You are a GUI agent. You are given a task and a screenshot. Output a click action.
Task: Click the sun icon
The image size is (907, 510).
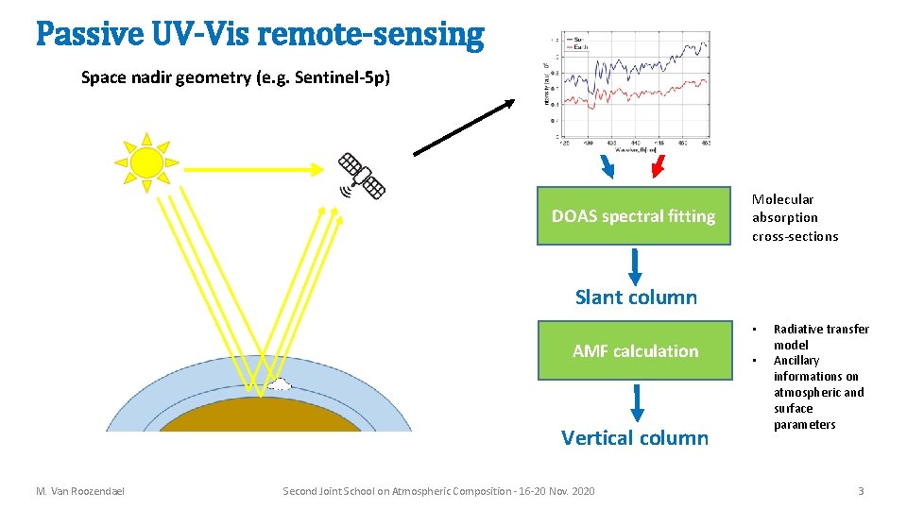145,161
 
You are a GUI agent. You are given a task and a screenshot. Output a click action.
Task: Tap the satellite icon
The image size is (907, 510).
361,177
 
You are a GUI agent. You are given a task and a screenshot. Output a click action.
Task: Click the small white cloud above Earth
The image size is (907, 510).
280,383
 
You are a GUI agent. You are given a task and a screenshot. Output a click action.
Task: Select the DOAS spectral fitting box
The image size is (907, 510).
633,216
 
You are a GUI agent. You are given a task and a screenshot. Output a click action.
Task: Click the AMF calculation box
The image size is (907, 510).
635,351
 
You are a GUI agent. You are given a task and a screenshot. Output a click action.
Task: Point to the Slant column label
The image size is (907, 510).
636,297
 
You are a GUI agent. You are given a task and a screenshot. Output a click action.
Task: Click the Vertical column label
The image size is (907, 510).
634,437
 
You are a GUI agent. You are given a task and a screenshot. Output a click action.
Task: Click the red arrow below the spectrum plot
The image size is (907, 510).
659,165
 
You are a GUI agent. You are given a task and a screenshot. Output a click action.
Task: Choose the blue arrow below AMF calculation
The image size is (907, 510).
637,401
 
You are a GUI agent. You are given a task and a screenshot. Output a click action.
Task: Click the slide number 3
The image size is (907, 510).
861,491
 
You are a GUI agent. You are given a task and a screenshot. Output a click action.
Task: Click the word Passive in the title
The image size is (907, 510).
86,35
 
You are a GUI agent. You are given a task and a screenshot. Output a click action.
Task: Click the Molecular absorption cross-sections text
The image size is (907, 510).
795,218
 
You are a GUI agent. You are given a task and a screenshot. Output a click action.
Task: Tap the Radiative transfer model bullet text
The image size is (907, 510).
820,336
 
